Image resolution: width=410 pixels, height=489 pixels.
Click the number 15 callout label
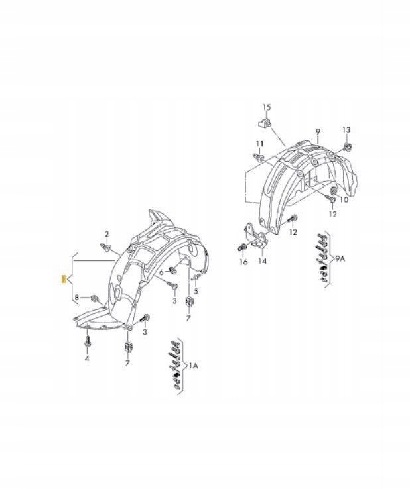tap(267, 107)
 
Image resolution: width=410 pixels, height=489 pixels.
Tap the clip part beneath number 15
tap(263, 122)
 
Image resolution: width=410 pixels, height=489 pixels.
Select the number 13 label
tap(346, 129)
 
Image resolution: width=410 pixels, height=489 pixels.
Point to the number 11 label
tap(259, 144)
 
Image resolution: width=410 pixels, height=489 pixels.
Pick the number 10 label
tap(344, 199)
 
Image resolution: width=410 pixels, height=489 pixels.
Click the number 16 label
tap(243, 262)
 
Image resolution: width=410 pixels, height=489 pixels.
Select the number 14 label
tap(263, 261)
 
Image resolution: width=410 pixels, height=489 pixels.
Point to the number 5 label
tap(196, 290)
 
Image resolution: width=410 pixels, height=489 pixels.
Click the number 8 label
tap(77, 298)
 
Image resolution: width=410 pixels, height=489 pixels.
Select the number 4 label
tap(86, 358)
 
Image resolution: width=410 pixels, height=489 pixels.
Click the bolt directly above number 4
tap(87, 343)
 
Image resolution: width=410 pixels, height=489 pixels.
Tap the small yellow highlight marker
tap(62, 278)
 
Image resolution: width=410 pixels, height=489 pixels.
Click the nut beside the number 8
tap(94, 298)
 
